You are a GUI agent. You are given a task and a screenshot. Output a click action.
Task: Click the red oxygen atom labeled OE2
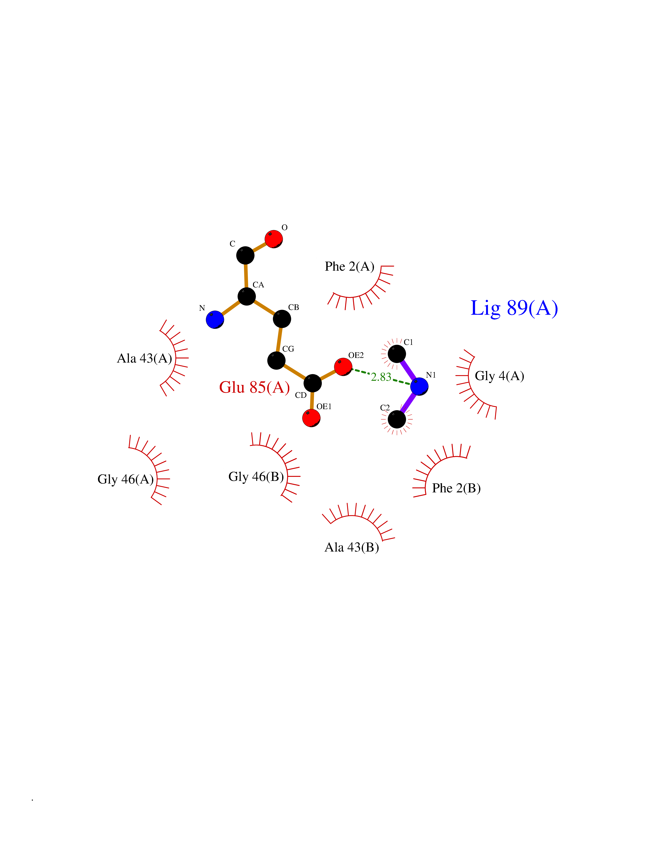tap(343, 367)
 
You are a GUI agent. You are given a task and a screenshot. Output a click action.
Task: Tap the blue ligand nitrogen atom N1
tap(419, 386)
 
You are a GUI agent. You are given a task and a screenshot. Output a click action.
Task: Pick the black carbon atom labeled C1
tap(397, 354)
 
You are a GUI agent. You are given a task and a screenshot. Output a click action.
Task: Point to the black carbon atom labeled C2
tap(397, 420)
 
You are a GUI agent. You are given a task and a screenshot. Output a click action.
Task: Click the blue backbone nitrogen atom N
tap(215, 319)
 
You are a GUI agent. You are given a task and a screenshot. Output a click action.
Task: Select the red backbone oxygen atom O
tap(274, 239)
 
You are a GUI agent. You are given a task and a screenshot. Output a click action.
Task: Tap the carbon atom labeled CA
tap(247, 296)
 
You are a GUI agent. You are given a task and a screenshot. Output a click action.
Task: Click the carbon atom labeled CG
tap(276, 360)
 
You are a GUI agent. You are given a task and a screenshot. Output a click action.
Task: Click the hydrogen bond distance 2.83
tap(381, 377)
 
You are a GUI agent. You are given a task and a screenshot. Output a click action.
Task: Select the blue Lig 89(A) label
tap(514, 309)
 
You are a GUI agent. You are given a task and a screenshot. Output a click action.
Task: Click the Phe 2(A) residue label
tap(350, 267)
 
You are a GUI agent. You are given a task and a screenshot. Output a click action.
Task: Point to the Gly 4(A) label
tap(499, 376)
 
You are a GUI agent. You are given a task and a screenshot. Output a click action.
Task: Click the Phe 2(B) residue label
tap(456, 488)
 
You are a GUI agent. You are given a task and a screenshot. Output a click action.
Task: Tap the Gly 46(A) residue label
tap(125, 479)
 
